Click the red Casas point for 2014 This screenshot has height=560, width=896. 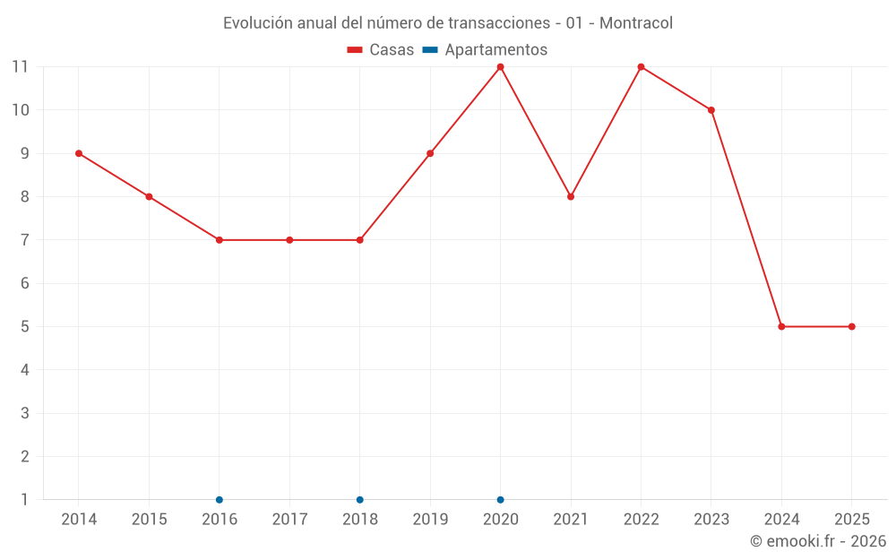[79, 153]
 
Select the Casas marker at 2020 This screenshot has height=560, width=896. [501, 67]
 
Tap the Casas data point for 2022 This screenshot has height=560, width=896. [642, 67]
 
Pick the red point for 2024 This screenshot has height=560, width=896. [781, 327]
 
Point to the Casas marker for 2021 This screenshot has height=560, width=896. [571, 197]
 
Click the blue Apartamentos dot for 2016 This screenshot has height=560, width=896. [220, 500]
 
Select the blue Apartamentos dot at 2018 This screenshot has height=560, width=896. [360, 500]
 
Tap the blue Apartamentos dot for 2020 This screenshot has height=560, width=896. [501, 500]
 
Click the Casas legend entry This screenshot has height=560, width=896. [381, 50]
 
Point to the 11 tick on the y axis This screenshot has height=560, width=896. [20, 67]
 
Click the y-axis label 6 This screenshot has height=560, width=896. [24, 283]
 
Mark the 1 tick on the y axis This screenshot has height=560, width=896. [24, 500]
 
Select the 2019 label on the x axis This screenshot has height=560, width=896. [430, 519]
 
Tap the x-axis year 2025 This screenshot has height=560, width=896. [851, 519]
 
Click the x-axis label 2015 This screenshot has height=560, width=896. [149, 519]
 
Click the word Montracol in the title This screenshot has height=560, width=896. [635, 23]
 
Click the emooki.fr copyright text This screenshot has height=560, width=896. [818, 541]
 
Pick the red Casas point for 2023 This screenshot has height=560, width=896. [711, 110]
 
